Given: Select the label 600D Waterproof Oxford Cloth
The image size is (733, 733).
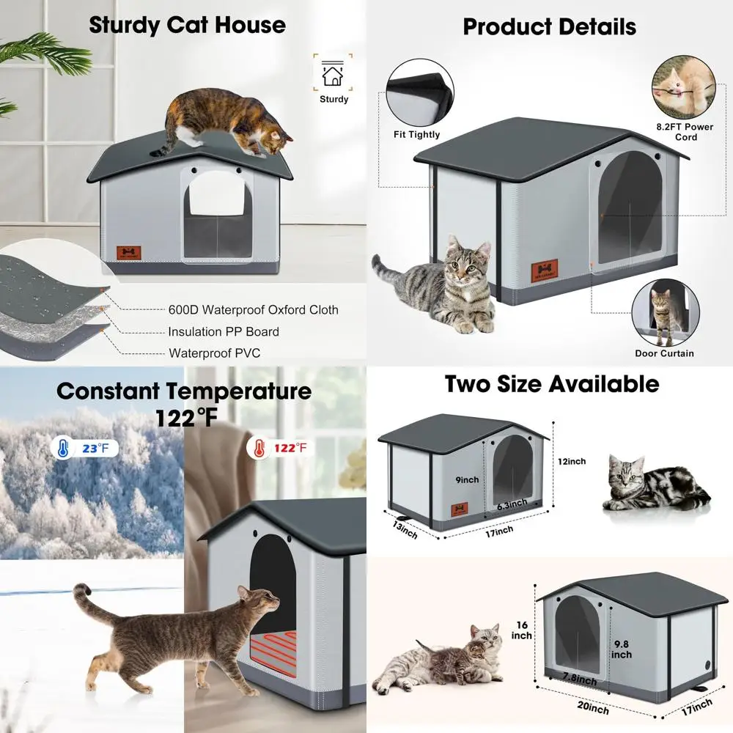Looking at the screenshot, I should pyautogui.click(x=253, y=310).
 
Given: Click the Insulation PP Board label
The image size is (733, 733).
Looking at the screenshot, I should pyautogui.click(x=224, y=331).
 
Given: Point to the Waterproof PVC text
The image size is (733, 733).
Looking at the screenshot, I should pyautogui.click(x=214, y=353).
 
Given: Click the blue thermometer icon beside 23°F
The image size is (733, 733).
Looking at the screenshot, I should pyautogui.click(x=63, y=446).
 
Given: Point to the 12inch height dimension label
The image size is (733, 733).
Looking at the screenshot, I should pyautogui.click(x=572, y=462).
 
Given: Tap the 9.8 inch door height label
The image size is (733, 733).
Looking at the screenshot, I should pyautogui.click(x=621, y=649).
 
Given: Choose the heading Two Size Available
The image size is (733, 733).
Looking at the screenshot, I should pyautogui.click(x=552, y=383).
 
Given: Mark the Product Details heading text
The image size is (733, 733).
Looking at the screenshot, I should pyautogui.click(x=549, y=27).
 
